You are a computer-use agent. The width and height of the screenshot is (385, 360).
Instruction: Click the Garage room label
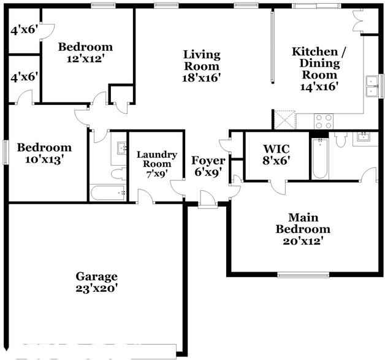click(96, 277)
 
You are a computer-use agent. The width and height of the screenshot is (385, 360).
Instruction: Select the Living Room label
click(202, 61)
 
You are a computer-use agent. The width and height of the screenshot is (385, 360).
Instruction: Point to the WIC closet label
click(276, 149)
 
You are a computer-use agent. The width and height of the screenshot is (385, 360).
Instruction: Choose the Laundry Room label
click(157, 159)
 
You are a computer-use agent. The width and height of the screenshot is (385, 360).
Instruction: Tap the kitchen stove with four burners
click(324, 121)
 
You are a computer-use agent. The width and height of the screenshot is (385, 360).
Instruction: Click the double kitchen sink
click(372, 86)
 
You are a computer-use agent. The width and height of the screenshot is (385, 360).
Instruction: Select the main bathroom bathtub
click(320, 158)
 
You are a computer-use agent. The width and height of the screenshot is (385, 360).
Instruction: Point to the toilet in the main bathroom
click(341, 139)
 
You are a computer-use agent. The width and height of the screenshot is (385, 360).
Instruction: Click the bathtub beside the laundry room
click(108, 193)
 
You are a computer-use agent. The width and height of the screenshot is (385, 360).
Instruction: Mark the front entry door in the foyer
click(208, 199)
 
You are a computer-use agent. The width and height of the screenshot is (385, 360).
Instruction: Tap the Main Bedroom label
click(303, 223)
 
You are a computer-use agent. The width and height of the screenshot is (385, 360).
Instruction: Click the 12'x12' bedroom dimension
click(84, 59)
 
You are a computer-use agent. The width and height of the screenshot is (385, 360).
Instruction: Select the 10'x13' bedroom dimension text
click(44, 160)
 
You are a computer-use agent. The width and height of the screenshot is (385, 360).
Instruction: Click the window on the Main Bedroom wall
click(303, 275)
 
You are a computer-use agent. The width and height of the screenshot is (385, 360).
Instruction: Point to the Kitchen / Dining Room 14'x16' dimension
click(319, 86)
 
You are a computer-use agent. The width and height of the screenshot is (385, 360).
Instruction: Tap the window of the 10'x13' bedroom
click(6, 152)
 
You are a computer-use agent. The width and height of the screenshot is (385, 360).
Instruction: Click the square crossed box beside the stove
click(285, 120)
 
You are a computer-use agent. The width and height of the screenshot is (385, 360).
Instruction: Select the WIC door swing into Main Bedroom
click(278, 188)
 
